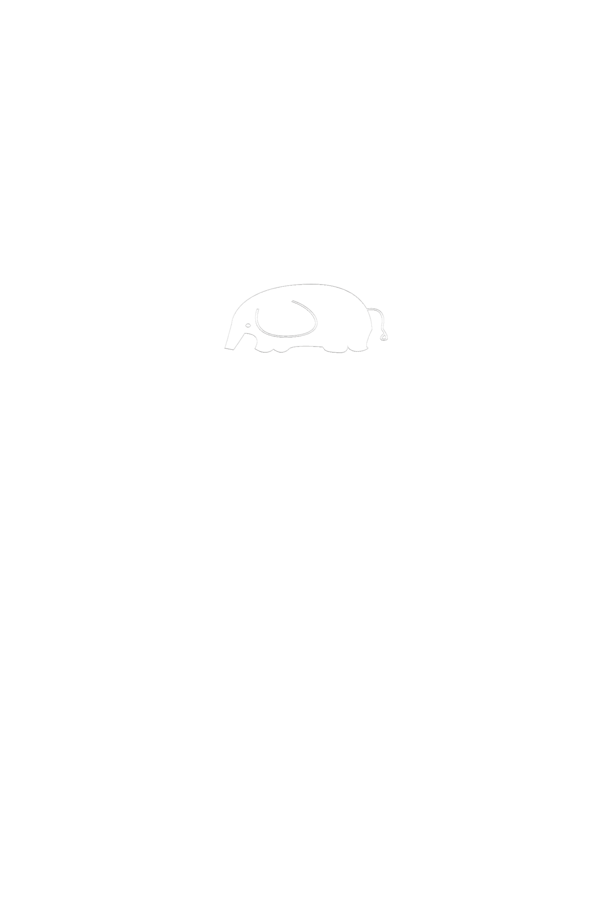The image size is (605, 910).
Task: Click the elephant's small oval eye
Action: (x=248, y=325)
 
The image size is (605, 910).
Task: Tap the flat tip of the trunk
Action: (x=229, y=349)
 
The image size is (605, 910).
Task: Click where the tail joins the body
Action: (x=367, y=309)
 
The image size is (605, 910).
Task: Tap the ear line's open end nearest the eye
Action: (x=257, y=309)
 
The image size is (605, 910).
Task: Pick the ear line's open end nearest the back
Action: (x=292, y=301)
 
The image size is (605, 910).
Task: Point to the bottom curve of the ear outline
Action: (x=286, y=336)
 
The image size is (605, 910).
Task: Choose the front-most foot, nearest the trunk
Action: (x=264, y=351)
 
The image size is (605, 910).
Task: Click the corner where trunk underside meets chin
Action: (x=245, y=334)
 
